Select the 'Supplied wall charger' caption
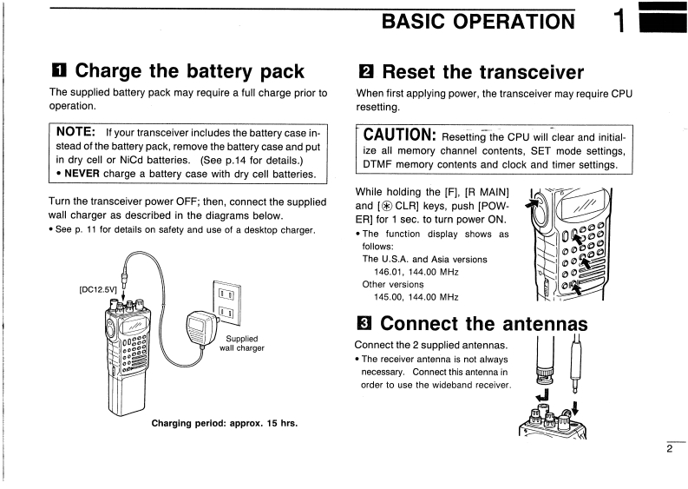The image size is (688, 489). [242, 344]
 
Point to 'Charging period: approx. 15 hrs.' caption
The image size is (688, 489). [225, 424]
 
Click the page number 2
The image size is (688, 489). [669, 449]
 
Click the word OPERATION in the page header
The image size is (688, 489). [507, 21]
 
